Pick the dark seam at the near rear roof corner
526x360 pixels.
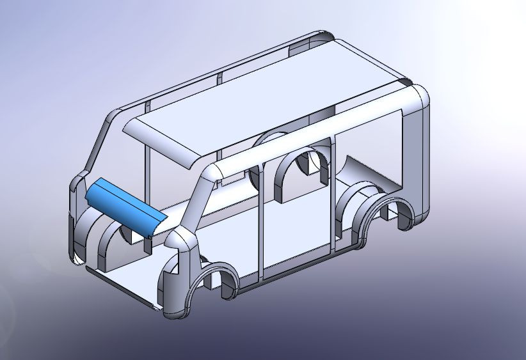(404, 83)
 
